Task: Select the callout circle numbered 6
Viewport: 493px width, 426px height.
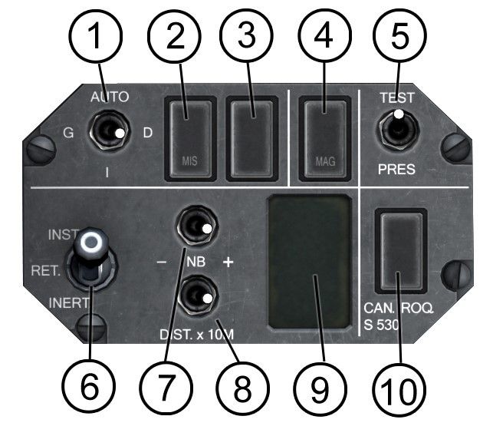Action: (x=90, y=386)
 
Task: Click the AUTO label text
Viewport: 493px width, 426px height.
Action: (x=110, y=97)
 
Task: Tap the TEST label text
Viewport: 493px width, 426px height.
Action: (x=397, y=98)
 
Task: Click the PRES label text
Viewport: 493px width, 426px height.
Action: (x=396, y=169)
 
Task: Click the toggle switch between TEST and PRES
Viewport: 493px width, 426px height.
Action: (x=396, y=130)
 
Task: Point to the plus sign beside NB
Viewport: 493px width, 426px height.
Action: (x=228, y=262)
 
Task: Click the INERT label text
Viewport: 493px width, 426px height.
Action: (x=69, y=303)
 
